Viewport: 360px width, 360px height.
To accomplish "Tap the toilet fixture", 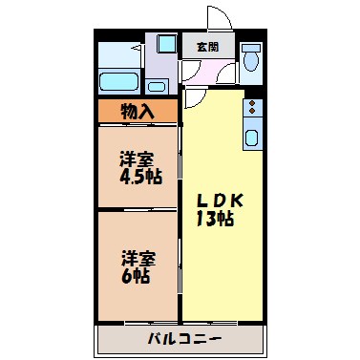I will [251, 60].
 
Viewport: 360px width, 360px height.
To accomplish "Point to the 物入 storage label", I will [138, 111].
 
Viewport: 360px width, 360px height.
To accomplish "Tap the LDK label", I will [221, 201].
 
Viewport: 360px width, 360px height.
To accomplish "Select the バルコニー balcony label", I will [185, 339].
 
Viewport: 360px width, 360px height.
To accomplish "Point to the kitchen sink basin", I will [252, 138].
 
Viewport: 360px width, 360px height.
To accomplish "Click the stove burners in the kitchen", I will [252, 108].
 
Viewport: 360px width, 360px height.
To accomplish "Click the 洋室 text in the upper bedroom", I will [136, 158].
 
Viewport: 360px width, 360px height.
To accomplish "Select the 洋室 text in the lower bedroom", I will [136, 259].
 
